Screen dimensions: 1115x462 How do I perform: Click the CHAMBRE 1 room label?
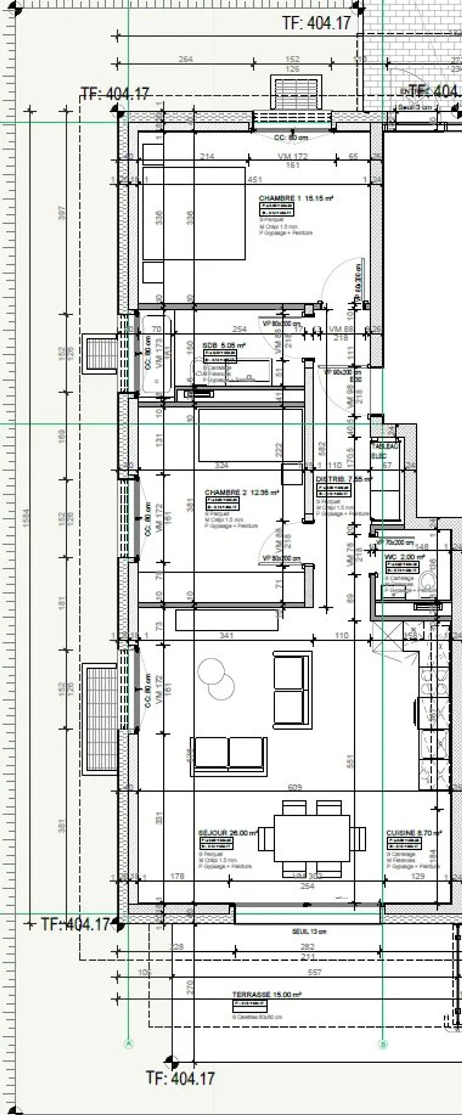(x=296, y=198)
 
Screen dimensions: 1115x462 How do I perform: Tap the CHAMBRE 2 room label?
(x=242, y=493)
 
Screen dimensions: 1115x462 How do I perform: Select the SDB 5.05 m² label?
(x=224, y=345)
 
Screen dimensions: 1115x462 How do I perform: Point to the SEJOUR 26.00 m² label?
(x=228, y=833)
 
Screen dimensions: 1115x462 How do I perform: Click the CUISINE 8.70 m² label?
(x=414, y=833)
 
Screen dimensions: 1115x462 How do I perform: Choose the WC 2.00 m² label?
(x=405, y=557)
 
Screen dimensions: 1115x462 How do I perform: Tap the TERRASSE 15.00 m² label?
(x=267, y=995)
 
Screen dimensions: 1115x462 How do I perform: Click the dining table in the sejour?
(x=312, y=839)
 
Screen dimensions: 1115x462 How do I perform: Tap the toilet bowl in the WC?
(x=429, y=582)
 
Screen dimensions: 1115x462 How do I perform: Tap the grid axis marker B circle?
(x=383, y=1044)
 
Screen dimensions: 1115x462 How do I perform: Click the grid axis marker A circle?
(x=129, y=1044)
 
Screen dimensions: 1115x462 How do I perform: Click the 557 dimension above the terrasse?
(x=315, y=972)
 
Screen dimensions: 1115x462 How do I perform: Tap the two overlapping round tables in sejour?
(x=216, y=679)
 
